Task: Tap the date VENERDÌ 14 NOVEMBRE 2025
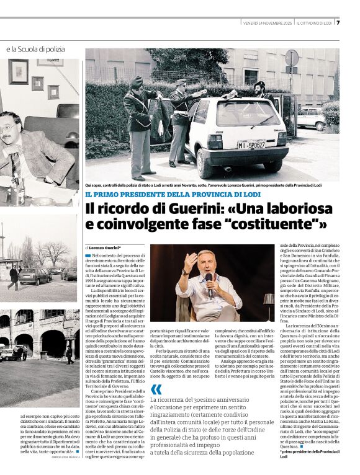click(268, 23)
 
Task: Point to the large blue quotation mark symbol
click(156, 389)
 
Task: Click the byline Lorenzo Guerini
click(104, 247)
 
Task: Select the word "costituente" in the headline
click(279, 224)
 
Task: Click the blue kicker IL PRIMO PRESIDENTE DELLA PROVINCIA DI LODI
click(173, 195)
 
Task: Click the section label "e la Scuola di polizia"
click(35, 48)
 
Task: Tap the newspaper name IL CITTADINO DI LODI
click(315, 23)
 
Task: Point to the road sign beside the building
click(291, 58)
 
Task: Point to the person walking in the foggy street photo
click(13, 277)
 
